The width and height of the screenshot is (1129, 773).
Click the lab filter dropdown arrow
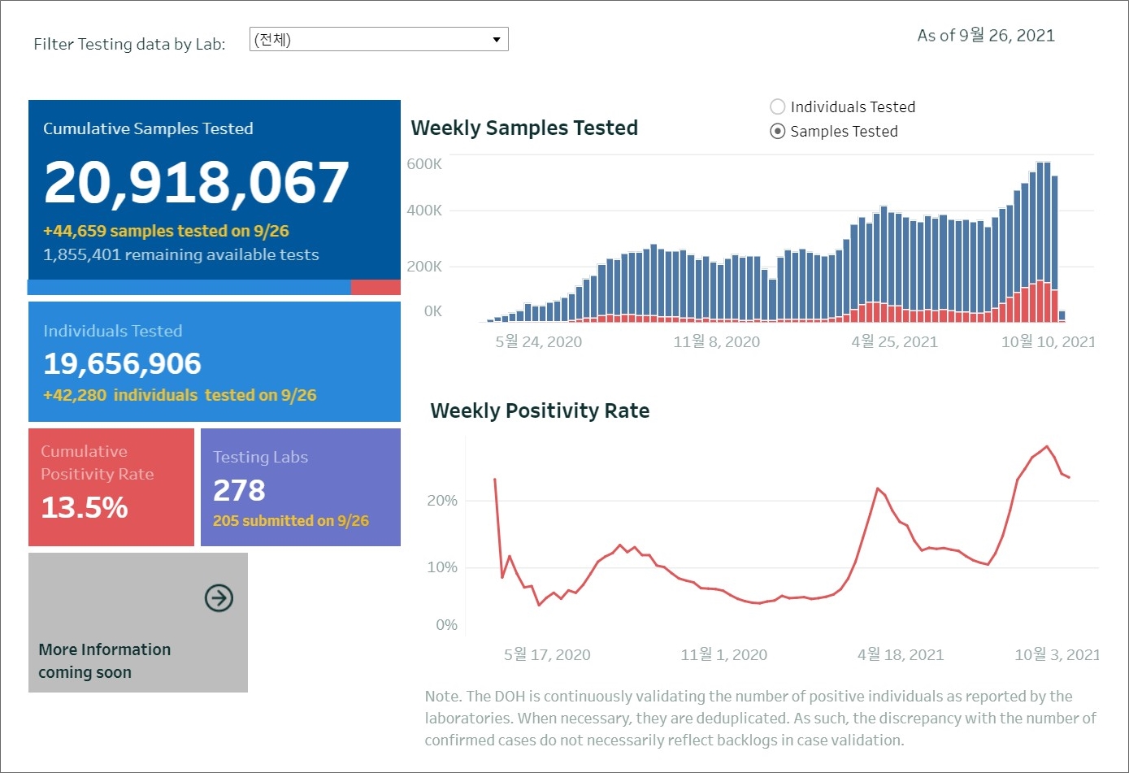497,40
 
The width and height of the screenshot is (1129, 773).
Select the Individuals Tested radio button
778,107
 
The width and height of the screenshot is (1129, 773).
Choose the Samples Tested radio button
778,132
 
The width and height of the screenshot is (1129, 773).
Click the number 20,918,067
197,182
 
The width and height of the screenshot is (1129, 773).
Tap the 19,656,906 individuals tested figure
122,364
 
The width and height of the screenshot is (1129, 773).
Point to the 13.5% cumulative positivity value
85,508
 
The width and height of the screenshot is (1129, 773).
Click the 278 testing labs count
239,491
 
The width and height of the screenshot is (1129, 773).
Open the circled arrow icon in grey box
219,598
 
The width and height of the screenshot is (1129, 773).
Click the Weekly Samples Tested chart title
524,128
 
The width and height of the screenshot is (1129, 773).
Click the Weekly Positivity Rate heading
540,411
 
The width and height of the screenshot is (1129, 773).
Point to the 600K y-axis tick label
424,164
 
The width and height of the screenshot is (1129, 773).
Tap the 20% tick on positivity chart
442,501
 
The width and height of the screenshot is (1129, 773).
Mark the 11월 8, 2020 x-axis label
716,342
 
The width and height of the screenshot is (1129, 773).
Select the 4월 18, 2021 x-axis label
900,655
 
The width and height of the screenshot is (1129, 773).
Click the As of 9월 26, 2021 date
986,36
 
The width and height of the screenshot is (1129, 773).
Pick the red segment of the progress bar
376,288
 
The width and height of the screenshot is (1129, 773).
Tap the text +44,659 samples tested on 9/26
166,232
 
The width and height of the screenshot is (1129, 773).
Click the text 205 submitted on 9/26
290,521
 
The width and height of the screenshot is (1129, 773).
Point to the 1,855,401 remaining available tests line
180,255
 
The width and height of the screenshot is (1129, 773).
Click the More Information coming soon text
105,661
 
